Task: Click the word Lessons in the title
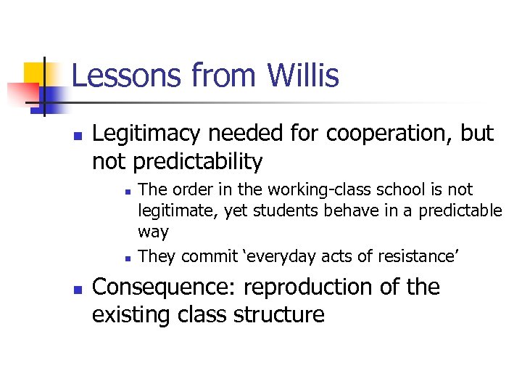click(128, 75)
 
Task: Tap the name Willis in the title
click(303, 75)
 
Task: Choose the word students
click(271, 211)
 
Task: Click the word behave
click(326, 211)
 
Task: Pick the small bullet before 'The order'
click(127, 192)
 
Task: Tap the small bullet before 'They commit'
click(127, 258)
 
